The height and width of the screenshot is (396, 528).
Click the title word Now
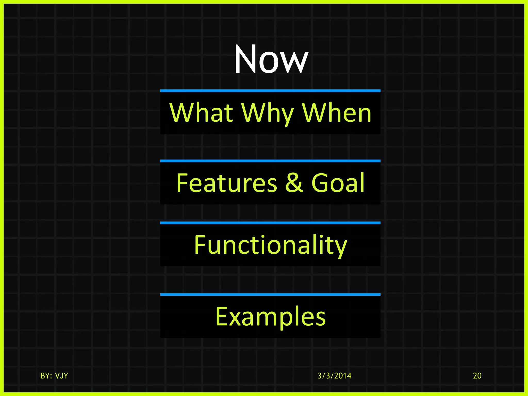tap(271, 59)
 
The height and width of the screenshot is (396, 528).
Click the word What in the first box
tap(201, 113)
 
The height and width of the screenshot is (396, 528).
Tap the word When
tap(336, 113)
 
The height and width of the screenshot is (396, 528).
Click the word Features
tap(227, 183)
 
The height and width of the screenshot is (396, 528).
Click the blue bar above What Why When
tap(270, 91)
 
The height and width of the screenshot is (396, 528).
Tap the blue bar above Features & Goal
tap(270, 161)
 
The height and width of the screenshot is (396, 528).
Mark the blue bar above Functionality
tap(270, 223)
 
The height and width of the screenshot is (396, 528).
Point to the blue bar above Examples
tap(270, 294)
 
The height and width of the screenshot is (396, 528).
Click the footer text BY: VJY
tap(54, 376)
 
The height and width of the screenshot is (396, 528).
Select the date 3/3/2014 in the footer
tap(334, 376)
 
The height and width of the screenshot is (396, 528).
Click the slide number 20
tap(477, 376)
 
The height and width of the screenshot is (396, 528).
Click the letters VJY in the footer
tap(61, 376)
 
